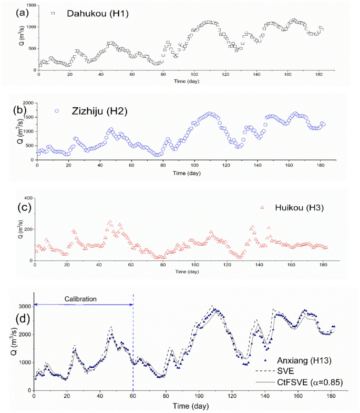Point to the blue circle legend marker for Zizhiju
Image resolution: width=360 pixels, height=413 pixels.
pos(57,110)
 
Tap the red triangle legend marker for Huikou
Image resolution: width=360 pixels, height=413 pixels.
pos(261,208)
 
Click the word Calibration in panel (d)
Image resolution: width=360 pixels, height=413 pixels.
pos(81,299)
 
